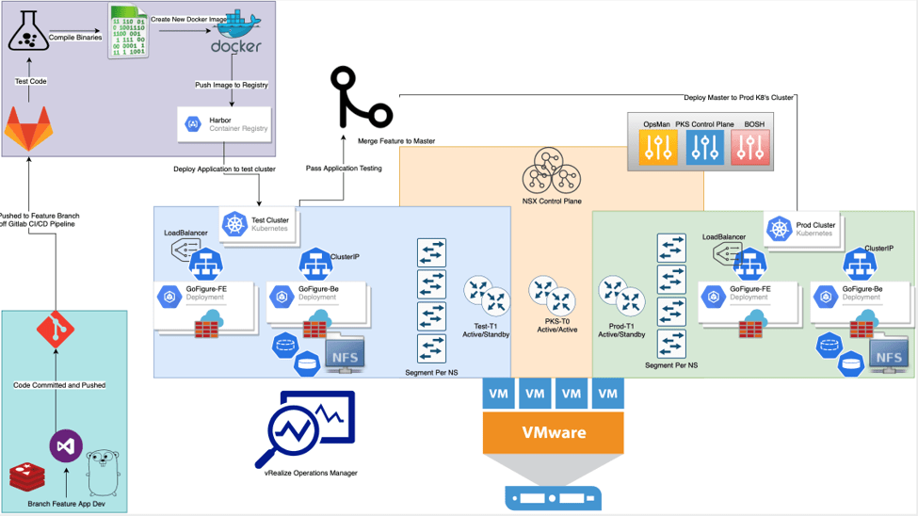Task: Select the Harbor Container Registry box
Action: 224,124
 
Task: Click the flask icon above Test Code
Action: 28,33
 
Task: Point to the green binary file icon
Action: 127,33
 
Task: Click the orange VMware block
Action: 554,432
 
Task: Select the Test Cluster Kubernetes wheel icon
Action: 234,224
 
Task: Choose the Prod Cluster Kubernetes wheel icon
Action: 779,229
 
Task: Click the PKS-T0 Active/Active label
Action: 551,325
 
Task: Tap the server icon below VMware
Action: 553,497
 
